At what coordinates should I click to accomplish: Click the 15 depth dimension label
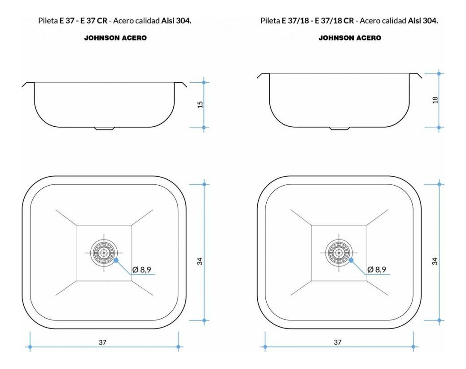coord(200,104)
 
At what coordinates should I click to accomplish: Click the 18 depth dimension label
coord(435,100)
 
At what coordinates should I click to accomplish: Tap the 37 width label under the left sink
coord(102,342)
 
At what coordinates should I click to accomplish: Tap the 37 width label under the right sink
coord(338,342)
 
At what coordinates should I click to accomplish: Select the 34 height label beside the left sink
coord(200,261)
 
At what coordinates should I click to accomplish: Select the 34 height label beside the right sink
coord(435,261)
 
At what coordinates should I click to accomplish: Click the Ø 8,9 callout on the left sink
coord(142,270)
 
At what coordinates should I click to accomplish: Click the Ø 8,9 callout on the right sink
coord(377,270)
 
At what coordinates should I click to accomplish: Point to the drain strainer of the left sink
coord(104,253)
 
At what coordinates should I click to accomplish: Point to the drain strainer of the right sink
coord(339,253)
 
